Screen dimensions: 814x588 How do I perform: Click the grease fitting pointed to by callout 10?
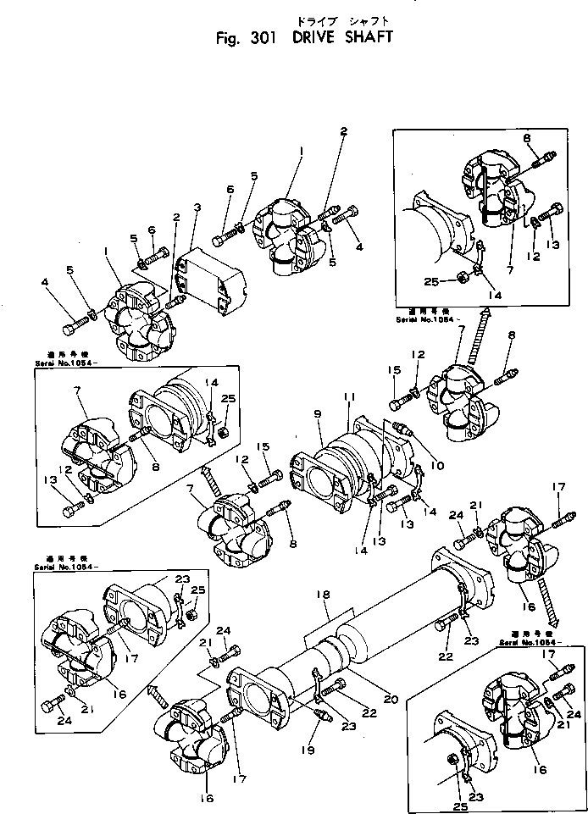pyautogui.click(x=402, y=431)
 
